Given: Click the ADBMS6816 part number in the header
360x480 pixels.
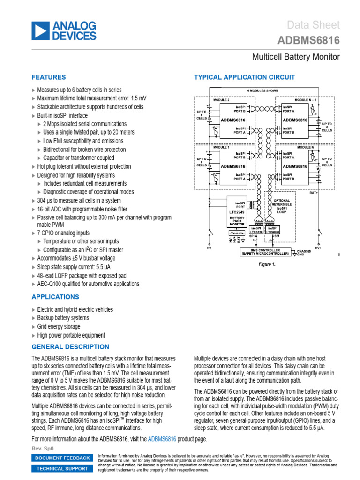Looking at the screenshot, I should [x=309, y=41].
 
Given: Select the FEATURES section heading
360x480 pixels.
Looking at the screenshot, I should [x=48, y=77].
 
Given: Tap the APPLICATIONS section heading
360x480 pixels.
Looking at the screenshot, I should [x=55, y=297].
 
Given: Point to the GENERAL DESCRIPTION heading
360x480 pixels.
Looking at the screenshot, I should [x=70, y=347].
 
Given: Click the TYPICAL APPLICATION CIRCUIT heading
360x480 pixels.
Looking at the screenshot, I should [x=244, y=77].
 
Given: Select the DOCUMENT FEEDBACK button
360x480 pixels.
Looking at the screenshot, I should [x=62, y=458].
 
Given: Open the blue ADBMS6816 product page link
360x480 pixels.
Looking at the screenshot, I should [x=162, y=439].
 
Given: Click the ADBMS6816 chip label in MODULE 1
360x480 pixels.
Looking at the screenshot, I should [x=233, y=166].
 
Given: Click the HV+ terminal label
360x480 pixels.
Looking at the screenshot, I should [x=318, y=247].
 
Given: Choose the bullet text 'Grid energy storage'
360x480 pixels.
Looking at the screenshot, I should [x=59, y=327].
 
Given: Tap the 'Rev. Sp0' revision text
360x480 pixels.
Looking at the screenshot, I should [x=41, y=449].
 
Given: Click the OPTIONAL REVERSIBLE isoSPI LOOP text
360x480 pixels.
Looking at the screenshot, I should [x=282, y=206].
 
